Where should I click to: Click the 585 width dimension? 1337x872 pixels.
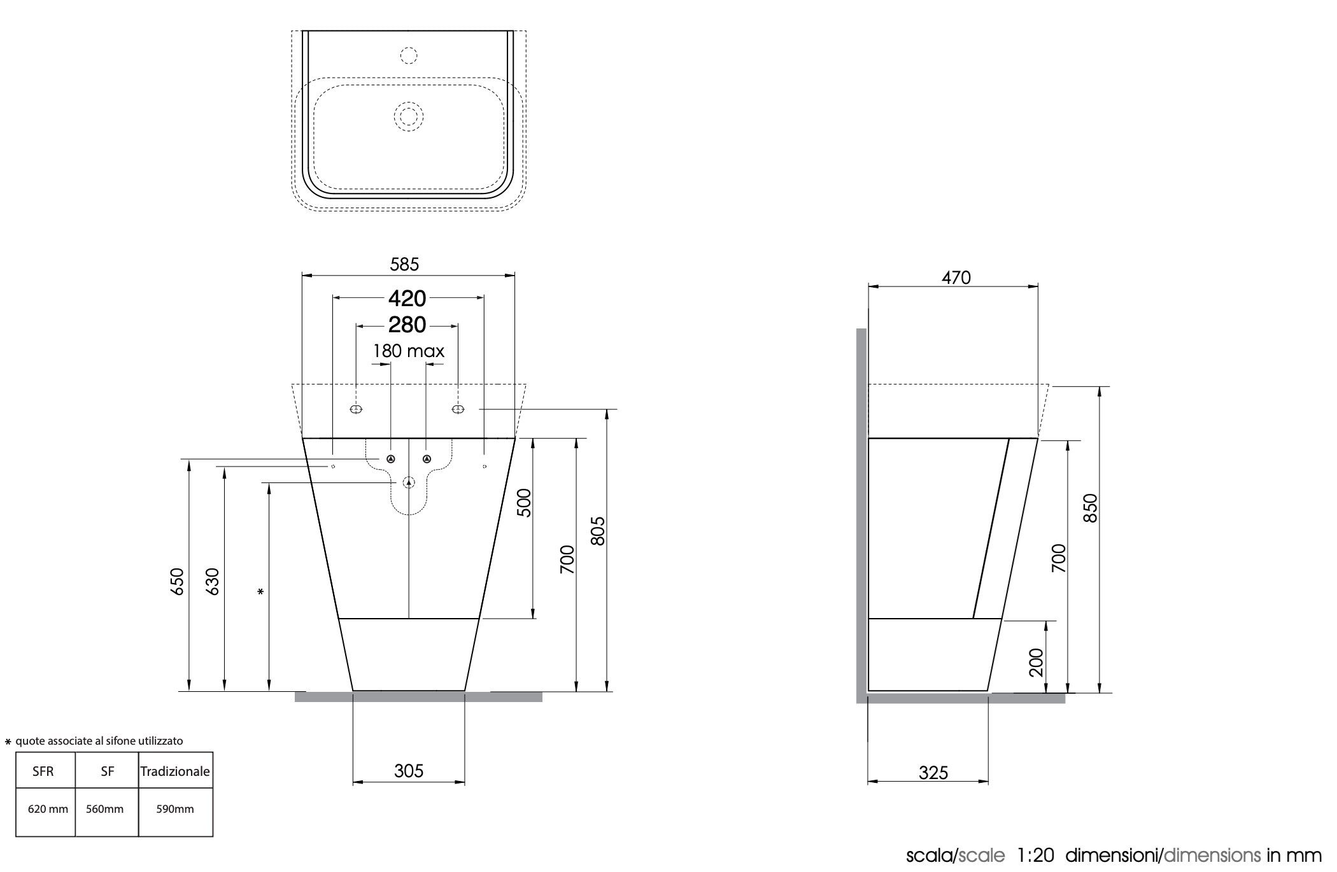[404, 264]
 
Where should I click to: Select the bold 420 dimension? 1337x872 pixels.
[407, 298]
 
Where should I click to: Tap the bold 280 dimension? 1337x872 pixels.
[407, 325]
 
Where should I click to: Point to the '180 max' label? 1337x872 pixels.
[408, 351]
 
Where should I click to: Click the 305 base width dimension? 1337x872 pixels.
[408, 771]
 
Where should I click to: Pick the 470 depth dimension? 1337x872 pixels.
[956, 278]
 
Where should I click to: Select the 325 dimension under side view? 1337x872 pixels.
[933, 773]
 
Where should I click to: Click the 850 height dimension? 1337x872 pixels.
[1091, 507]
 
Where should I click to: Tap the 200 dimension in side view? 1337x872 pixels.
[1036, 662]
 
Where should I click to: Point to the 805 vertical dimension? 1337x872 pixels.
[597, 531]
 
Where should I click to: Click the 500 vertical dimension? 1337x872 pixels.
[523, 502]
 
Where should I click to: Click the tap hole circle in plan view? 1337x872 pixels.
[409, 55]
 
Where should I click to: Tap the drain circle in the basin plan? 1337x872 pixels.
[408, 116]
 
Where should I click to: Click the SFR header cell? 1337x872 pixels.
[43, 771]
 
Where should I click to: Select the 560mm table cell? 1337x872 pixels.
[105, 810]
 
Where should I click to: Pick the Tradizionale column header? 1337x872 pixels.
[175, 771]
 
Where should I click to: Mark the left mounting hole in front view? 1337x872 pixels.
[357, 409]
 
